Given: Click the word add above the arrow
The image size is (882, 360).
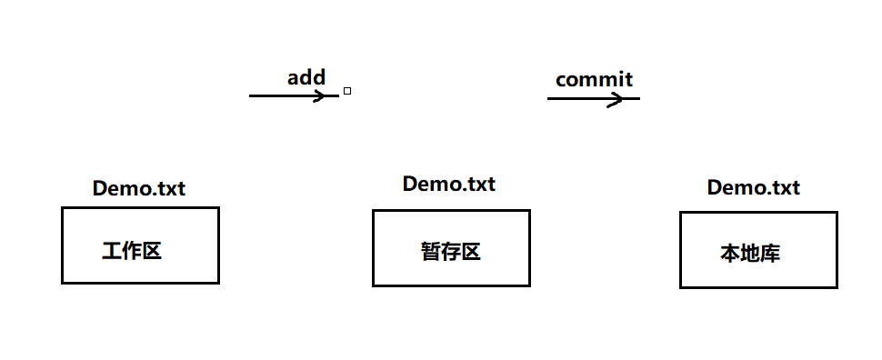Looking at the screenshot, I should [x=306, y=77].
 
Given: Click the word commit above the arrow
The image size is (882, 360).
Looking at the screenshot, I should [x=594, y=79].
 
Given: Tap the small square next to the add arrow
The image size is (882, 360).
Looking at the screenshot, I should [x=347, y=91].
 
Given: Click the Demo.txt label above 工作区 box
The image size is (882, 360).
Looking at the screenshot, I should [x=139, y=189].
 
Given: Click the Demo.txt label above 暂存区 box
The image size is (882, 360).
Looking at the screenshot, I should [x=449, y=184].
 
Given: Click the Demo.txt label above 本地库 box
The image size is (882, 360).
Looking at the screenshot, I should [x=754, y=188].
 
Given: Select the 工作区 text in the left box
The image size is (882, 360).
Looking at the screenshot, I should [x=132, y=251].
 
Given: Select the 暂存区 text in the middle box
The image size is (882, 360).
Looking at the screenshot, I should [x=450, y=252].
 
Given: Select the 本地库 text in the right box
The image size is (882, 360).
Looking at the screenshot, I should [x=750, y=254].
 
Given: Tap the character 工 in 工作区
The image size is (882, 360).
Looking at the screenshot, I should [x=112, y=251].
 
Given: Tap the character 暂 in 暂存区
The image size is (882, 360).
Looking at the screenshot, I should [x=430, y=252].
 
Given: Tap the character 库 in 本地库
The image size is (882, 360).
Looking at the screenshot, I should [x=770, y=254].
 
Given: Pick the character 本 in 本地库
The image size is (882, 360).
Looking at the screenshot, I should [x=730, y=254].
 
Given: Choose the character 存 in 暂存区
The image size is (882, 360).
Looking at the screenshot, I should [x=450, y=252].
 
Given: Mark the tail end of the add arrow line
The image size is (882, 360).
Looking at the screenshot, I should [x=251, y=95].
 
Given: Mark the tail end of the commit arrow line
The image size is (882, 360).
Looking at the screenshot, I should [x=548, y=99].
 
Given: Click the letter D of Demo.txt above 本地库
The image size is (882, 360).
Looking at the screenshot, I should [x=715, y=188].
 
